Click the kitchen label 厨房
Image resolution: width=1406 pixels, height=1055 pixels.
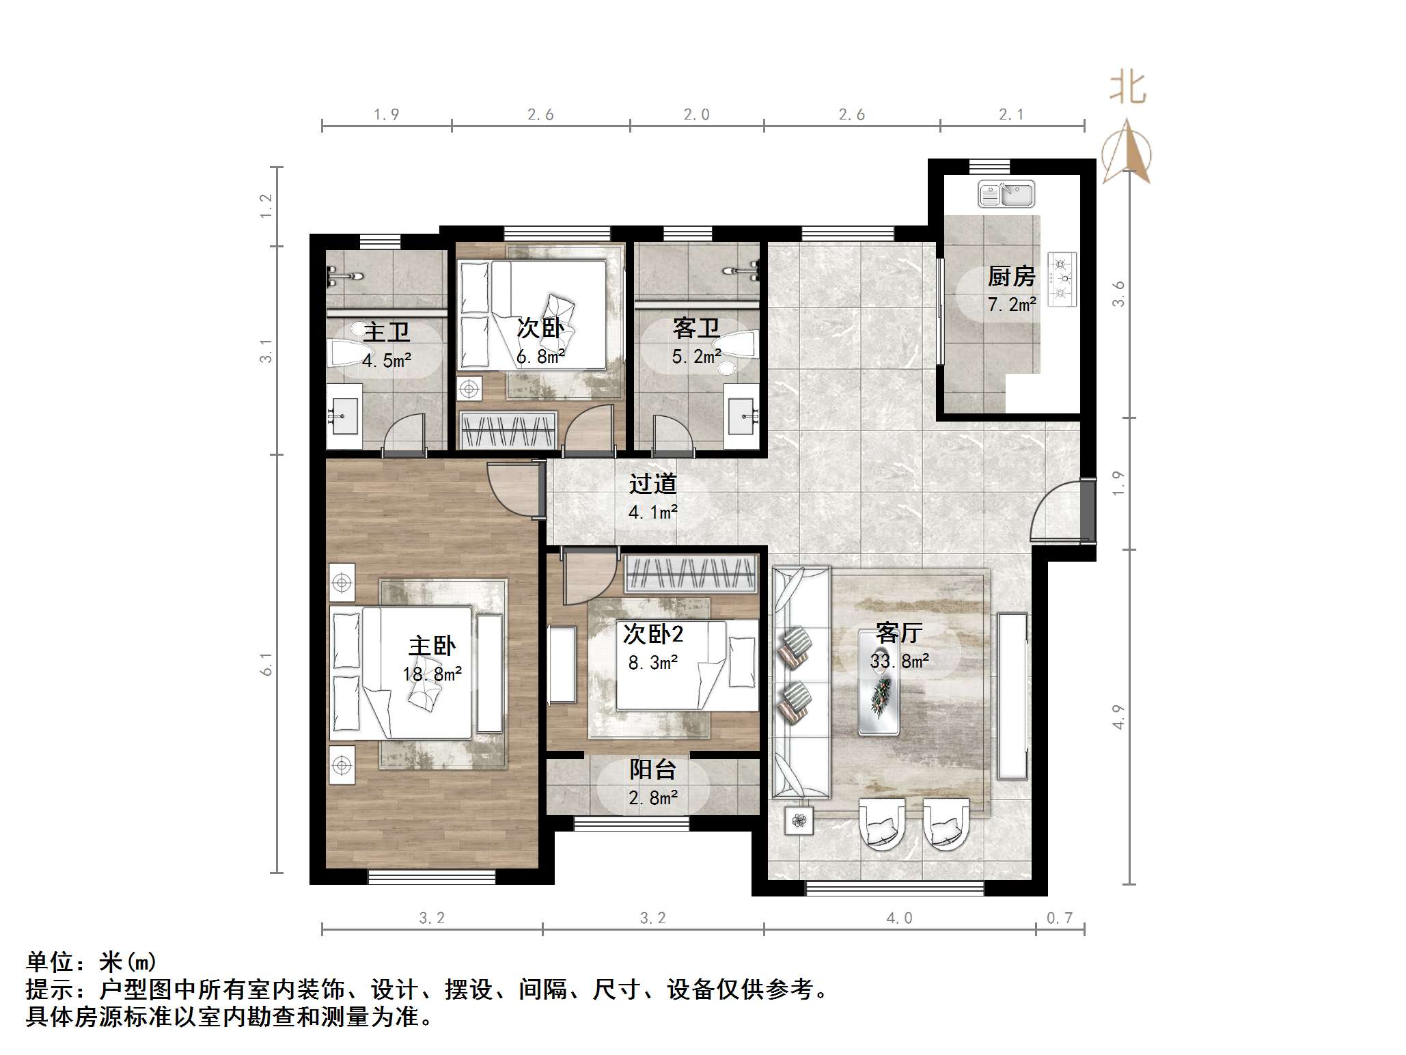pyautogui.click(x=1011, y=277)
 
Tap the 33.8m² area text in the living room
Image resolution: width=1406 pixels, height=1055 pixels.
pyautogui.click(x=899, y=661)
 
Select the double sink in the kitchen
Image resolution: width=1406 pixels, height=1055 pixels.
pyautogui.click(x=1006, y=194)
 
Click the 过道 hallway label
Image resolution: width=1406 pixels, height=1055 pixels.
pyautogui.click(x=652, y=484)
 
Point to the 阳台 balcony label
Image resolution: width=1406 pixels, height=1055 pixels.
pyautogui.click(x=652, y=770)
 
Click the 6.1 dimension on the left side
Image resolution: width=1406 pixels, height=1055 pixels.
pyautogui.click(x=266, y=663)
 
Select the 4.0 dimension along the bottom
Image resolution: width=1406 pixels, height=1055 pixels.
pyautogui.click(x=899, y=918)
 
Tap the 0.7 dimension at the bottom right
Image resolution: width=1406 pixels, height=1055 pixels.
pyautogui.click(x=1060, y=918)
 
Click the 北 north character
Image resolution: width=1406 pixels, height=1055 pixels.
pyautogui.click(x=1127, y=89)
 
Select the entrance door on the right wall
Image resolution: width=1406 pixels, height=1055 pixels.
pyautogui.click(x=1059, y=512)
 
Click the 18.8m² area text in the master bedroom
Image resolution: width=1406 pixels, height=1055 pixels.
pyautogui.click(x=432, y=674)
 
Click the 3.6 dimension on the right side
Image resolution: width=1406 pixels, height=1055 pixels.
pyautogui.click(x=1118, y=294)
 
